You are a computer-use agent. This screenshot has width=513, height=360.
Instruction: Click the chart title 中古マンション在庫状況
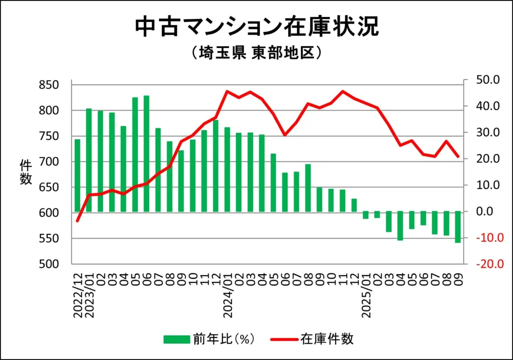[x=256, y=28]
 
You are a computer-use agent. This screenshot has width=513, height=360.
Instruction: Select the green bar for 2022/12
[x=77, y=175]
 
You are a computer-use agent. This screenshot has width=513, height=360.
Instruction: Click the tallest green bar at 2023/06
[x=146, y=153]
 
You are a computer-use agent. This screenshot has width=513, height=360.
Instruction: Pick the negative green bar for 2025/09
[x=458, y=227]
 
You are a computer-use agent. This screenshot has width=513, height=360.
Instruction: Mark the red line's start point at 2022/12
[x=77, y=221]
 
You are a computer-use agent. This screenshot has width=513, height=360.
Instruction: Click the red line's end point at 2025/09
[x=458, y=157]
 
